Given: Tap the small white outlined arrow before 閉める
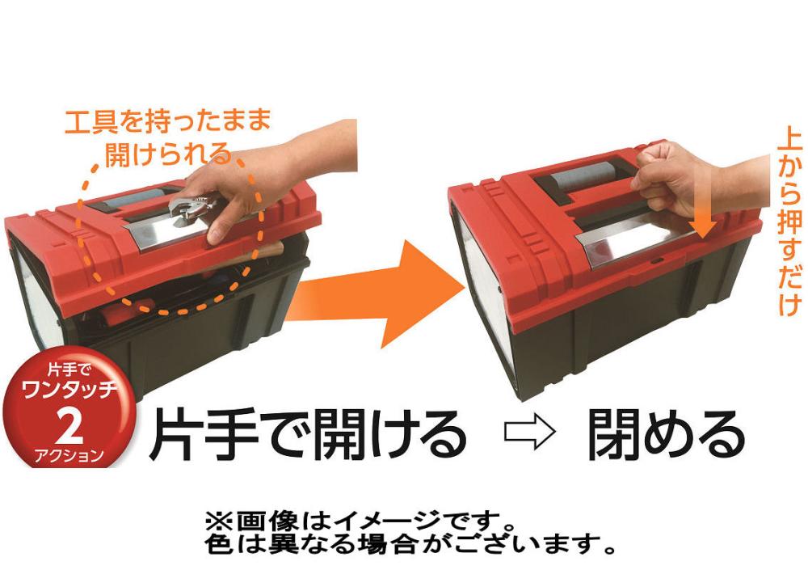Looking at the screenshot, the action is tap(530, 433).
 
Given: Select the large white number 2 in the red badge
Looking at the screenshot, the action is tap(69, 424).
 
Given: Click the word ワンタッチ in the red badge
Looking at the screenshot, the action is tap(69, 391).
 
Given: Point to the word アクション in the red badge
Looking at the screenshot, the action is tap(69, 455).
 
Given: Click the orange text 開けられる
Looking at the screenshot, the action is tap(168, 154).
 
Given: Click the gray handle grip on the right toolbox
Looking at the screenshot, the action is tap(586, 176).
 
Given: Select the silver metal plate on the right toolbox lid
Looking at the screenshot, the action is tap(633, 236).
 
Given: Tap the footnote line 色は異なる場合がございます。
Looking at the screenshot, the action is tap(410, 543).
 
